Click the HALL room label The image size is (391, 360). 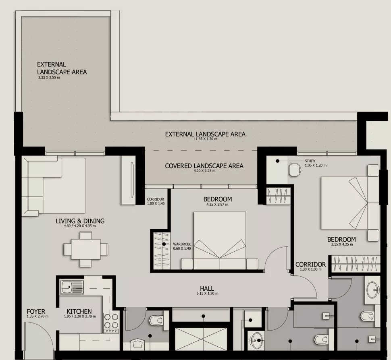tap(207, 288)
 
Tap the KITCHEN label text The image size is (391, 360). tap(79, 311)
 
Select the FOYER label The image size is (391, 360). tap(36, 311)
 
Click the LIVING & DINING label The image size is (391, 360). tap(80, 221)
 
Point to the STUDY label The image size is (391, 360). tap(310, 161)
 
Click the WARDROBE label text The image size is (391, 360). tap(182, 244)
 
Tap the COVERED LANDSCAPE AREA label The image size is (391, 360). tap(204, 166)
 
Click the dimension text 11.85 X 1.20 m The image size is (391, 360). tap(206, 139)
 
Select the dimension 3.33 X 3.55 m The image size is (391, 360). tap(49, 77)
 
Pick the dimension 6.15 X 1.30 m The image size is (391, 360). tap(207, 294)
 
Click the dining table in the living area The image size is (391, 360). tap(86, 249)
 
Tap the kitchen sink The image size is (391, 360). tap(72, 287)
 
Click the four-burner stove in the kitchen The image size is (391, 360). tap(111, 323)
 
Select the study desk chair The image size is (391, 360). tap(295, 170)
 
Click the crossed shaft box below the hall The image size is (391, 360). tap(201, 339)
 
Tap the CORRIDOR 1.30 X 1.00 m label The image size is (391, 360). tap(310, 266)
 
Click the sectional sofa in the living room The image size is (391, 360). tap(54, 186)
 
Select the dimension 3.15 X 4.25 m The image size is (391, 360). tap(342, 244)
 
